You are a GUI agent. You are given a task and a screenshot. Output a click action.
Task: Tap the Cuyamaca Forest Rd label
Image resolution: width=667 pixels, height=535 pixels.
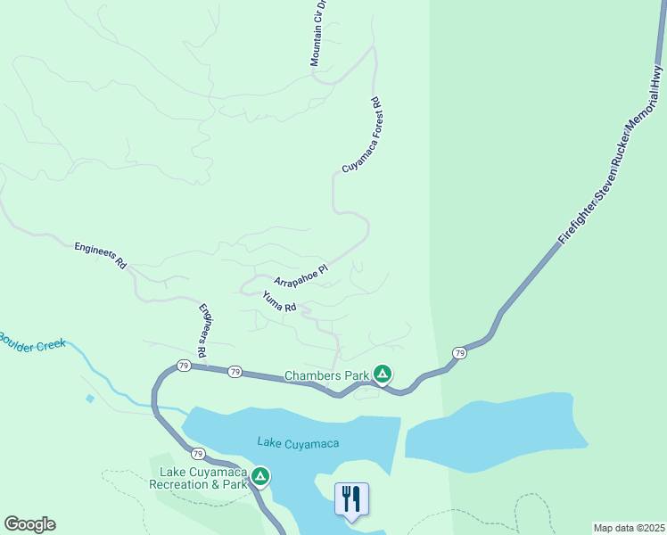point(361,136)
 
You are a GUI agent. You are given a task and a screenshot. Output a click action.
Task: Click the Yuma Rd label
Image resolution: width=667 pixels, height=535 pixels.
point(279,301)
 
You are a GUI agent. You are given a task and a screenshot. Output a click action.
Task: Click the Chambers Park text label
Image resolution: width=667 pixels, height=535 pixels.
point(326,376)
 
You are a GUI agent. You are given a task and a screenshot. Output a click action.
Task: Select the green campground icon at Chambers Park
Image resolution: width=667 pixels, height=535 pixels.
point(382,374)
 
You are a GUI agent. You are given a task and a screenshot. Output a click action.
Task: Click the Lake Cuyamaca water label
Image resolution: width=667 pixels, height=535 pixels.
point(298,442)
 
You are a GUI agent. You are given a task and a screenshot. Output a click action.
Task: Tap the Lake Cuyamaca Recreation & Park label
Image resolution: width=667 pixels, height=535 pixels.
point(202,478)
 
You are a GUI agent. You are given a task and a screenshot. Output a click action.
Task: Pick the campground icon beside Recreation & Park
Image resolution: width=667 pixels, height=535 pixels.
point(260,477)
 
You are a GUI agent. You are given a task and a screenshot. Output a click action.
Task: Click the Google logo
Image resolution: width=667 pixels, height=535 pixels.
point(29,524)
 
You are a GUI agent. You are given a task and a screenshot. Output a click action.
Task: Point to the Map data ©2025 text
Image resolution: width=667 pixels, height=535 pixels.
point(628,527)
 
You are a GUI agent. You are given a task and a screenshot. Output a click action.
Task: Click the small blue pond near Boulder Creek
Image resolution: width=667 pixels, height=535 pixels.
point(89,399)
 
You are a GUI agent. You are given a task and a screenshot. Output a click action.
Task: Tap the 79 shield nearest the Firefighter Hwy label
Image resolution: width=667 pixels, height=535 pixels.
point(459,353)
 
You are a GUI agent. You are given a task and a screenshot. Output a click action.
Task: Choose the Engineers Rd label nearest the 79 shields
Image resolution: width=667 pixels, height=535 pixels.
point(205,333)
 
